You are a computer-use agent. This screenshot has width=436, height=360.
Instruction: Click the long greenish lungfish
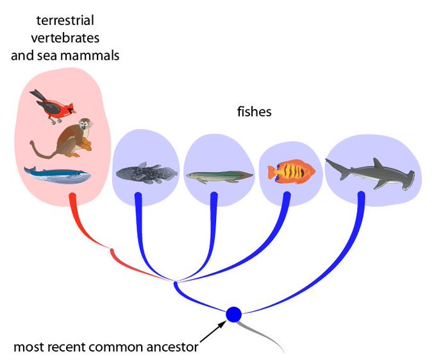coord(218,175)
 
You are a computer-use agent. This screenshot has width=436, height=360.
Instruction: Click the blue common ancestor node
coord(233,314)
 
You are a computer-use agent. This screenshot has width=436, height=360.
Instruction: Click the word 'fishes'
coord(254,112)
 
